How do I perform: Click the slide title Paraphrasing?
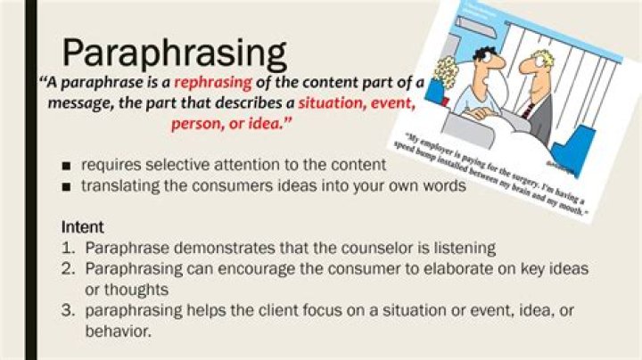pos(174,54)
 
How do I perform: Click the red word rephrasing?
pos(213,83)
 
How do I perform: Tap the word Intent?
pos(83,227)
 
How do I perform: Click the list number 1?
pos(68,248)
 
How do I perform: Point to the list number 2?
pos(68,268)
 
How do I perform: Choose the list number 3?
pos(68,311)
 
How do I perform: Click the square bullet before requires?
pos(67,167)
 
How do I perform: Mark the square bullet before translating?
pos(67,187)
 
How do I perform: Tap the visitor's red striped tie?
pos(529,110)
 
